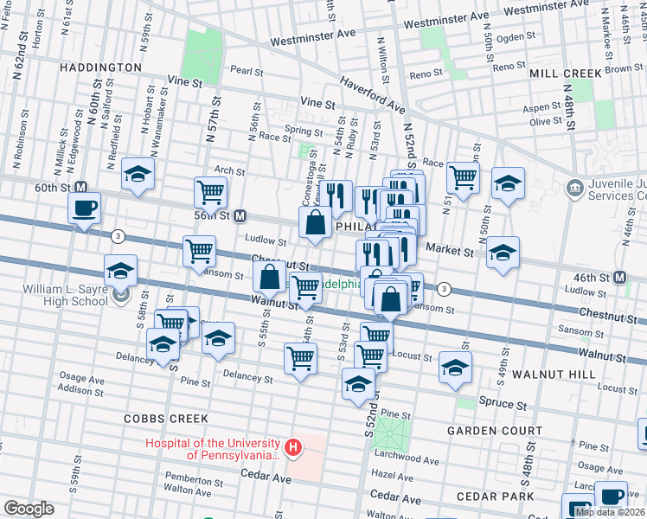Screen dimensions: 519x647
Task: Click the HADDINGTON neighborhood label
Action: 100,67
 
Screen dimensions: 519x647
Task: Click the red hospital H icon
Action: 293,447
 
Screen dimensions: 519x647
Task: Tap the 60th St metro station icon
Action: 82,187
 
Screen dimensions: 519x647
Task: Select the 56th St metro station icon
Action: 242,215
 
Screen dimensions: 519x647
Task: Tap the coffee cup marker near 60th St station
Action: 84,208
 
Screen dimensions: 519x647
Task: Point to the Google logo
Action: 29,508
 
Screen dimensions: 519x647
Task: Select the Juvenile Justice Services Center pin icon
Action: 574,188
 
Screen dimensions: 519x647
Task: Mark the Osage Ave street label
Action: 81,378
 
